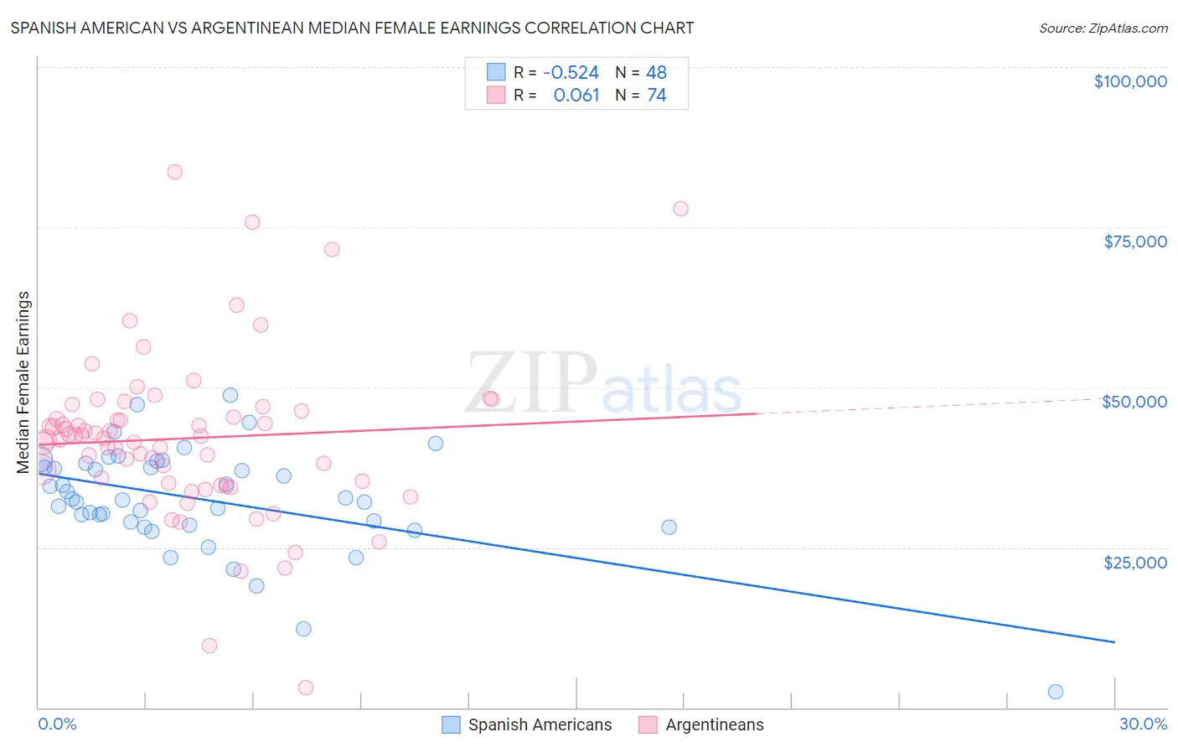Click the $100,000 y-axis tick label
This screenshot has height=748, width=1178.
1130,81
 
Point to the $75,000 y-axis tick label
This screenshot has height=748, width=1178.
1135,242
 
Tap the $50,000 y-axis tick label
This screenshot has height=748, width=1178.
1134,402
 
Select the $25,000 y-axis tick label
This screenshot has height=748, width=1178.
1135,562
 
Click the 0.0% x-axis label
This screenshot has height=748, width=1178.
57,724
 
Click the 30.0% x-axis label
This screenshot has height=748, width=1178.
1143,724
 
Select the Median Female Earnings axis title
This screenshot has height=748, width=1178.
23,382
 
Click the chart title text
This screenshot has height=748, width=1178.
352,28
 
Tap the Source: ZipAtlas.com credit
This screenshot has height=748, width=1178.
1103,29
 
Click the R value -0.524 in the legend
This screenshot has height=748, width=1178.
571,72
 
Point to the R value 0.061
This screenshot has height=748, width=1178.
576,96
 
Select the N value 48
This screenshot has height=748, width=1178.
656,72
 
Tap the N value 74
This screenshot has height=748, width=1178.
656,96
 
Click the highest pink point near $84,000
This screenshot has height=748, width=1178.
174,172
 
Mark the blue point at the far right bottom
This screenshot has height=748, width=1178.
1056,692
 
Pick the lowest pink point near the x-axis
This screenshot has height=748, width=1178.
306,688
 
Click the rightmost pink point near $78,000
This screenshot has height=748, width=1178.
680,209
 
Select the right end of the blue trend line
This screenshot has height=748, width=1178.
1114,642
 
